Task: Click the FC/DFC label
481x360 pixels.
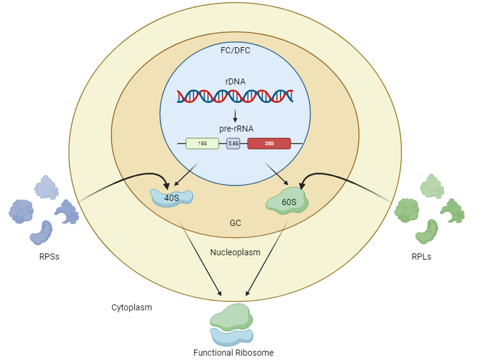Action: (235, 50)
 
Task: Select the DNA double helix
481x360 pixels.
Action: (235, 96)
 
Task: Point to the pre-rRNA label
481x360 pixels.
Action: (235, 129)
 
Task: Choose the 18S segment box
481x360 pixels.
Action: (202, 143)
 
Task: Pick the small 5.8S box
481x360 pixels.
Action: (233, 143)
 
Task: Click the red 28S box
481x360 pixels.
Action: (269, 143)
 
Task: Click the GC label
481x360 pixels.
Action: (235, 223)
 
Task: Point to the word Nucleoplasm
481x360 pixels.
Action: (235, 252)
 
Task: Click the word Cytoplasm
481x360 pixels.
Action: (131, 307)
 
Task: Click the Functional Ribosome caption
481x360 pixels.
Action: (233, 352)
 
